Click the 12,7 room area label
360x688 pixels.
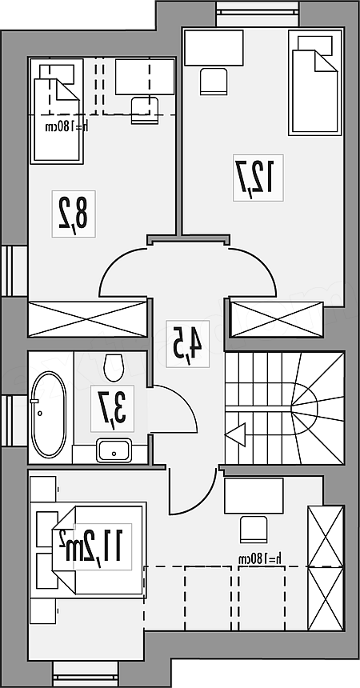258,178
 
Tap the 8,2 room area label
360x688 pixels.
74,214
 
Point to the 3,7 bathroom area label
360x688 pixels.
112,409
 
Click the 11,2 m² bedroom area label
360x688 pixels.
92,546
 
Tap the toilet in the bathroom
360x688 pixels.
114,367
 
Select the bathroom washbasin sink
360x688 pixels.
114,450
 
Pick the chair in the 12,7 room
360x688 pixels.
214,81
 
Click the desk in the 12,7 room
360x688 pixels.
214,48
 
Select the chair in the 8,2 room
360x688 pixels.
145,110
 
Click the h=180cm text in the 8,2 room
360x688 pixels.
67,126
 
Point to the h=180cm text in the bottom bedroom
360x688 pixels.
260,558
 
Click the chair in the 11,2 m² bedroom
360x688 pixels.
254,530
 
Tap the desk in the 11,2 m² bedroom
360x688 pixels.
254,496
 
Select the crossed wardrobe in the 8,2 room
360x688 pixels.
87,319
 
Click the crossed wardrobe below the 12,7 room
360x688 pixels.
277,320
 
